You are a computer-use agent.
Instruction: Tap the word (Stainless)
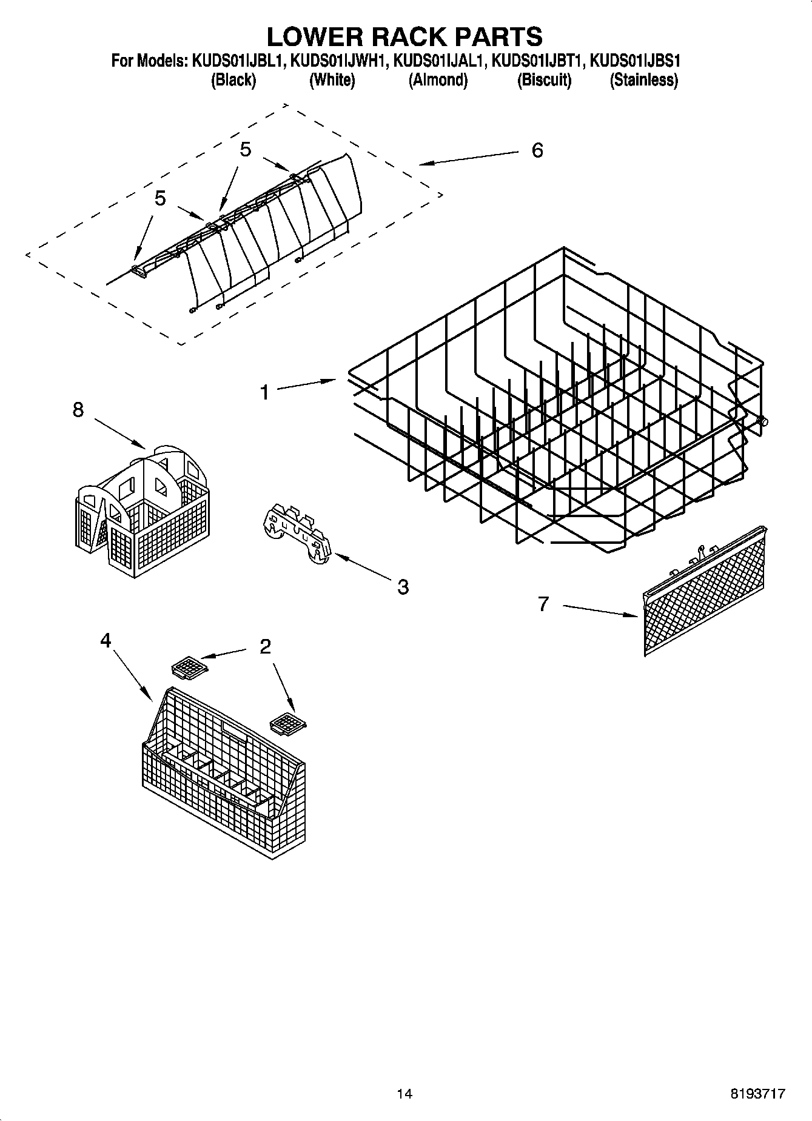coord(643,80)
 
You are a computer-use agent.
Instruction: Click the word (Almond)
coord(438,80)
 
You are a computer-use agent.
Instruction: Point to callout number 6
coord(537,150)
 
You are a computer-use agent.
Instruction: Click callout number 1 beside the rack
coord(264,392)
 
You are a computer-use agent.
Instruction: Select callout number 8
coord(78,410)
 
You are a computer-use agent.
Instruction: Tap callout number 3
coord(403,586)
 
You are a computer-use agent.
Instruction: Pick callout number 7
coord(543,603)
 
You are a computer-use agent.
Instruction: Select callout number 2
coord(265,647)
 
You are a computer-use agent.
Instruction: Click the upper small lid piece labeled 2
coord(189,669)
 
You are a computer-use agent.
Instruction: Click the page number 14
coord(404,1094)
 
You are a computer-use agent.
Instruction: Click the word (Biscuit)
coord(544,80)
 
